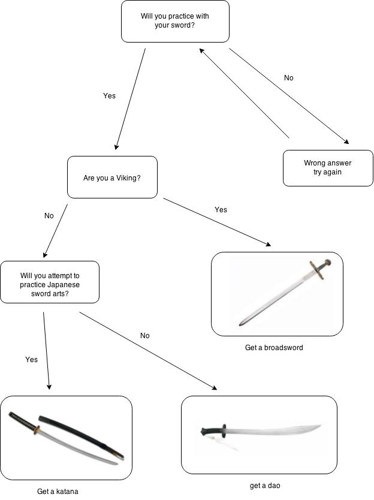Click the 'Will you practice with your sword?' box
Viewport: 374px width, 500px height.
click(175, 22)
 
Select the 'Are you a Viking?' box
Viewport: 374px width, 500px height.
click(112, 177)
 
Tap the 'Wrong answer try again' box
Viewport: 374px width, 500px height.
click(327, 167)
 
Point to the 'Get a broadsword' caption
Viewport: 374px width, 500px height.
click(274, 348)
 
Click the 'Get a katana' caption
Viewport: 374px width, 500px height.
click(58, 492)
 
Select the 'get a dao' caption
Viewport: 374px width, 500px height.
click(265, 486)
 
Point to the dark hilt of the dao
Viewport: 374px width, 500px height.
click(213, 429)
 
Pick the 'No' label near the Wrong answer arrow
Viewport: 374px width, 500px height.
click(288, 78)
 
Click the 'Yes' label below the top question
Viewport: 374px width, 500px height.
click(109, 96)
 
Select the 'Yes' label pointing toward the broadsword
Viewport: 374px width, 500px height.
click(221, 210)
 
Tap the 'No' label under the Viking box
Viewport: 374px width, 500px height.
click(49, 216)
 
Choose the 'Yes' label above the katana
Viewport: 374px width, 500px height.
click(31, 360)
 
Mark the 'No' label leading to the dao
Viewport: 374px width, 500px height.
click(144, 336)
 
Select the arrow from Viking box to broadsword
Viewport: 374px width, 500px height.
click(217, 222)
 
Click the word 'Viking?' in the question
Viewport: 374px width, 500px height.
click(129, 178)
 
